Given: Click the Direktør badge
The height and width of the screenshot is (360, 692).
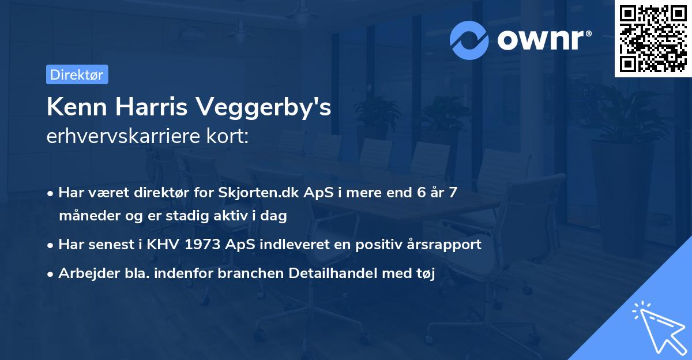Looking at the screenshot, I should pyautogui.click(x=77, y=74).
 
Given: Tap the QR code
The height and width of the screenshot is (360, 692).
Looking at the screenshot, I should pyautogui.click(x=653, y=39).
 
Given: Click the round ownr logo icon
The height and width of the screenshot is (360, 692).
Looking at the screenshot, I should pyautogui.click(x=469, y=40).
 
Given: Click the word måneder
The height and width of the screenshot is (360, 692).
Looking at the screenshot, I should pyautogui.click(x=87, y=216).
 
